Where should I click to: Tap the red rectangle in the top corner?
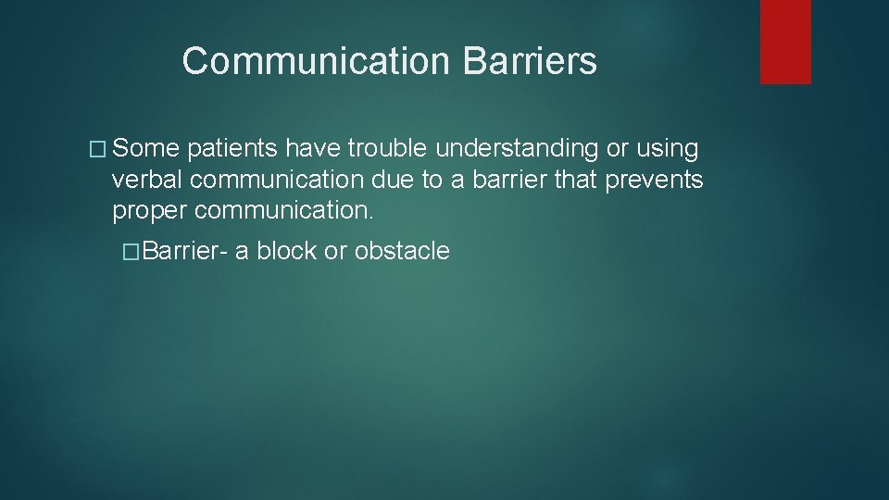[785, 42]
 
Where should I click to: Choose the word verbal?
[145, 181]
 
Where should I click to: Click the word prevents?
[654, 181]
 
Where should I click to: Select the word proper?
[150, 211]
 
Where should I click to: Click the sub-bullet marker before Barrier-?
[131, 251]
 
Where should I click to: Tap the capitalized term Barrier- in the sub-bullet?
[185, 251]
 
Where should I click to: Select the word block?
[286, 251]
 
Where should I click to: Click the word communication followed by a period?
[284, 211]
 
